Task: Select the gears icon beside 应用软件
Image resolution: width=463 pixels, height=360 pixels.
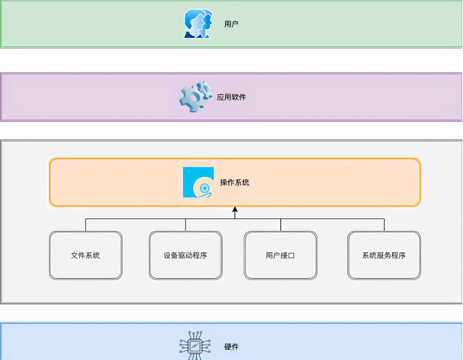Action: [195, 97]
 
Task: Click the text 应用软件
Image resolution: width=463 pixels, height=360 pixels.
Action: [231, 97]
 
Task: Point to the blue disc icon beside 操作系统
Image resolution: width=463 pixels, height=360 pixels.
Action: [198, 182]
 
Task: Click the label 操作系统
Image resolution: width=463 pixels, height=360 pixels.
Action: [235, 183]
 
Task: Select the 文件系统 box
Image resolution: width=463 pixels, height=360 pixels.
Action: [85, 256]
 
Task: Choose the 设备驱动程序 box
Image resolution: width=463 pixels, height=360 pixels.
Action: [185, 256]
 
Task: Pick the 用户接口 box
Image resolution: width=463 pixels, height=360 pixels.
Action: [280, 256]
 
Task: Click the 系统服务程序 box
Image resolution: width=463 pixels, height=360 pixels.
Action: [384, 256]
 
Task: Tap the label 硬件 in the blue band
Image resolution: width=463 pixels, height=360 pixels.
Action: [231, 346]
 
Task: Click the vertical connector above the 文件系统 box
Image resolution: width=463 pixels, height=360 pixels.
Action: [85, 225]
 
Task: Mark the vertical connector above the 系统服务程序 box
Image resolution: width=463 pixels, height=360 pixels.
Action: [384, 225]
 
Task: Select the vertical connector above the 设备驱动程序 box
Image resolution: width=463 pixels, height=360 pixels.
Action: [185, 225]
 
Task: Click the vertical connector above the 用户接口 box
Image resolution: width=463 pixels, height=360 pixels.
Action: [281, 225]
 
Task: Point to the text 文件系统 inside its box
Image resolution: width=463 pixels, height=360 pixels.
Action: [85, 256]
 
